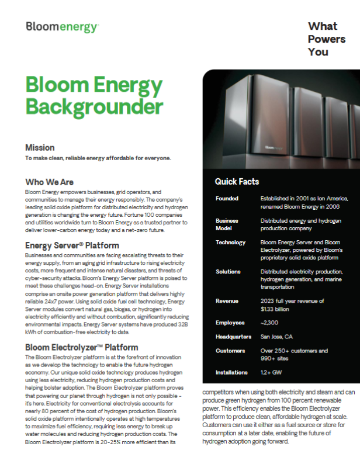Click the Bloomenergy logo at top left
(x=62, y=27)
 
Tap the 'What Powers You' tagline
(x=327, y=39)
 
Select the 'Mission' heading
(x=40, y=147)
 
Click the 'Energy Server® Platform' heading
(x=72, y=245)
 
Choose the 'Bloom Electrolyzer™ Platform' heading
(x=81, y=347)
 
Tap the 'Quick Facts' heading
(x=237, y=182)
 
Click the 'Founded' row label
(x=227, y=199)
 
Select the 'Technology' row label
(x=230, y=242)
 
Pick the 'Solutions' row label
(x=229, y=272)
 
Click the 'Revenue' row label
(x=227, y=301)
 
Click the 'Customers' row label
(x=230, y=351)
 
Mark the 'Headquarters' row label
(x=233, y=337)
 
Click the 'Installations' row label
(x=231, y=372)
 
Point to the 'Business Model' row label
(x=227, y=224)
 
